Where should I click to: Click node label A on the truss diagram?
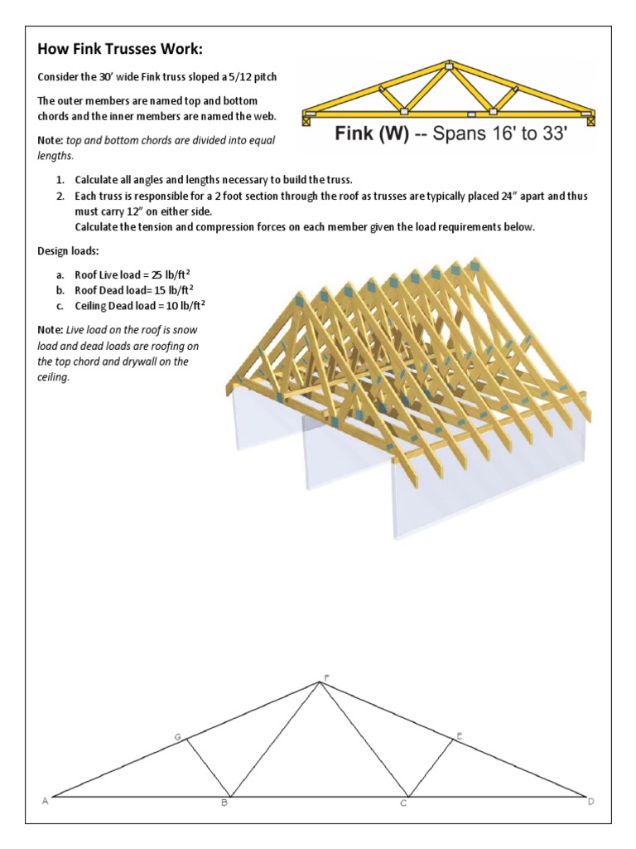[x=45, y=801]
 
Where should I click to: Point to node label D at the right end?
[x=590, y=801]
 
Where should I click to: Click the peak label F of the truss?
[x=325, y=677]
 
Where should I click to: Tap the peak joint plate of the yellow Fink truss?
[x=448, y=66]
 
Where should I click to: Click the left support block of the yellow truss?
[x=306, y=120]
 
